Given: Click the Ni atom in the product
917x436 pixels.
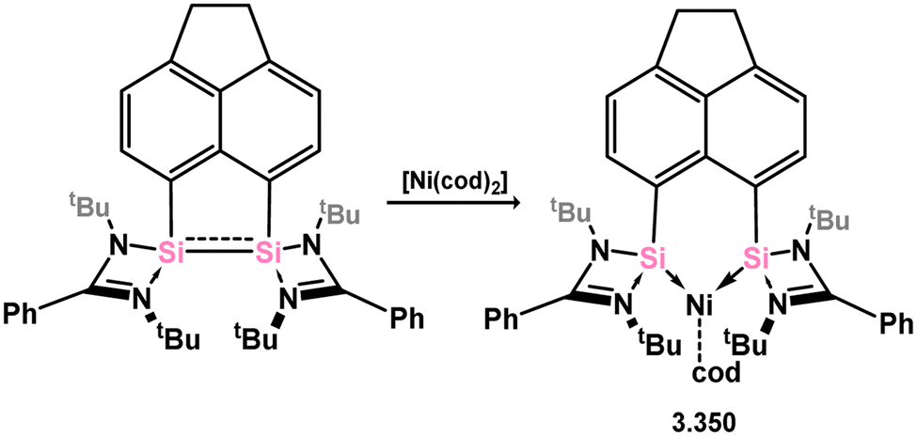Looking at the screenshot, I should (696, 304).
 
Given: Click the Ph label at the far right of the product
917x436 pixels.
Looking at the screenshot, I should (893, 323).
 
